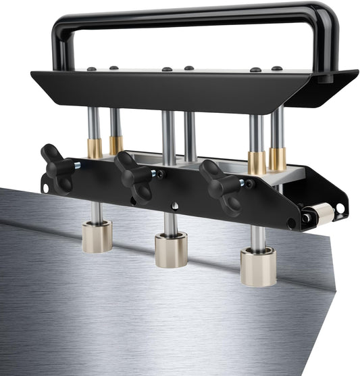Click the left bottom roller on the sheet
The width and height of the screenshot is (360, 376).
coord(97,236)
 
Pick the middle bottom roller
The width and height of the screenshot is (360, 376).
coord(171,249)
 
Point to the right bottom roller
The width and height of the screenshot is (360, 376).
coord(258,265)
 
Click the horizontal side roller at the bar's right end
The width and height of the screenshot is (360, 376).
coord(322,214)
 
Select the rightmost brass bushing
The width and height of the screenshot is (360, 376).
coord(277,159)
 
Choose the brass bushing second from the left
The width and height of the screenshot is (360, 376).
coord(116,145)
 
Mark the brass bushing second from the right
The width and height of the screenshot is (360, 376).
coord(257,163)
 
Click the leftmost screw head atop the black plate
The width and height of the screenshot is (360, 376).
coord(92,68)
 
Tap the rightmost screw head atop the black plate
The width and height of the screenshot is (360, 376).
coord(276,68)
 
